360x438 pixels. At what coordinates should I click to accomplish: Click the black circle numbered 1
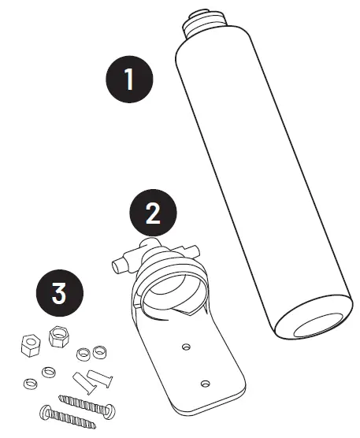coord(130,79)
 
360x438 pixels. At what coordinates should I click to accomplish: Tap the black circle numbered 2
coord(154,210)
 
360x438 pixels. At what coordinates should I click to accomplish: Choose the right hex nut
coord(58,337)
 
